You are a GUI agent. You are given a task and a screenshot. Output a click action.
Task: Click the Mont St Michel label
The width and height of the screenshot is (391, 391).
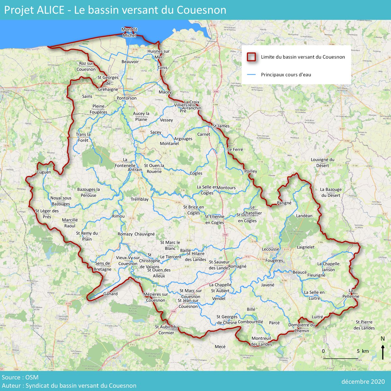point(129,32)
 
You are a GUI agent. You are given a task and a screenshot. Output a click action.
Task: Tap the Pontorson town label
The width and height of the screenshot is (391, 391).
point(127,98)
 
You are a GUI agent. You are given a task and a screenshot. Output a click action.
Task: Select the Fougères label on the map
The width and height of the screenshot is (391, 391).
point(274,260)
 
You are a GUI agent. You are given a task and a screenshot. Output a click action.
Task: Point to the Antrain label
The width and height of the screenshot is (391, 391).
point(135,170)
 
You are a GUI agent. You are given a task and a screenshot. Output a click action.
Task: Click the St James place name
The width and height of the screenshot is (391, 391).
point(221,126)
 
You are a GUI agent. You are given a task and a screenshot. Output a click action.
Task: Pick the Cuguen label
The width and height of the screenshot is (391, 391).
point(44,172)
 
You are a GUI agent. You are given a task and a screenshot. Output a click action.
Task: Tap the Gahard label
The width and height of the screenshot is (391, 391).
point(110,294)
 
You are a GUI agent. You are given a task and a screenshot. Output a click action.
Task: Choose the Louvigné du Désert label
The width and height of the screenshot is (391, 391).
point(323,163)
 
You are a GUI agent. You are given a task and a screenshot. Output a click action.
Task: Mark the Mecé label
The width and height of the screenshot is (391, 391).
point(220,346)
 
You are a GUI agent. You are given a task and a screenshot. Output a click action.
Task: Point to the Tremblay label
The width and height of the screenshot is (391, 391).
point(139,199)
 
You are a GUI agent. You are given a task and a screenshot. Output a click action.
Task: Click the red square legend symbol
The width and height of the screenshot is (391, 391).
point(251,57)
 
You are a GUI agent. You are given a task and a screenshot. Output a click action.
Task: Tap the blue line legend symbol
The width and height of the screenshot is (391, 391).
point(251,75)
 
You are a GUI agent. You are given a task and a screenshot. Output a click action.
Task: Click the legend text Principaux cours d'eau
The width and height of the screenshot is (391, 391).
point(286,75)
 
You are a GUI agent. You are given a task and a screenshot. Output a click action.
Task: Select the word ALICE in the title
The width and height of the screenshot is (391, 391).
point(50,10)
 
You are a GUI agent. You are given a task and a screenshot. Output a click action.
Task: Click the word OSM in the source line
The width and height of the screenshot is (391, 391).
point(32,377)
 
